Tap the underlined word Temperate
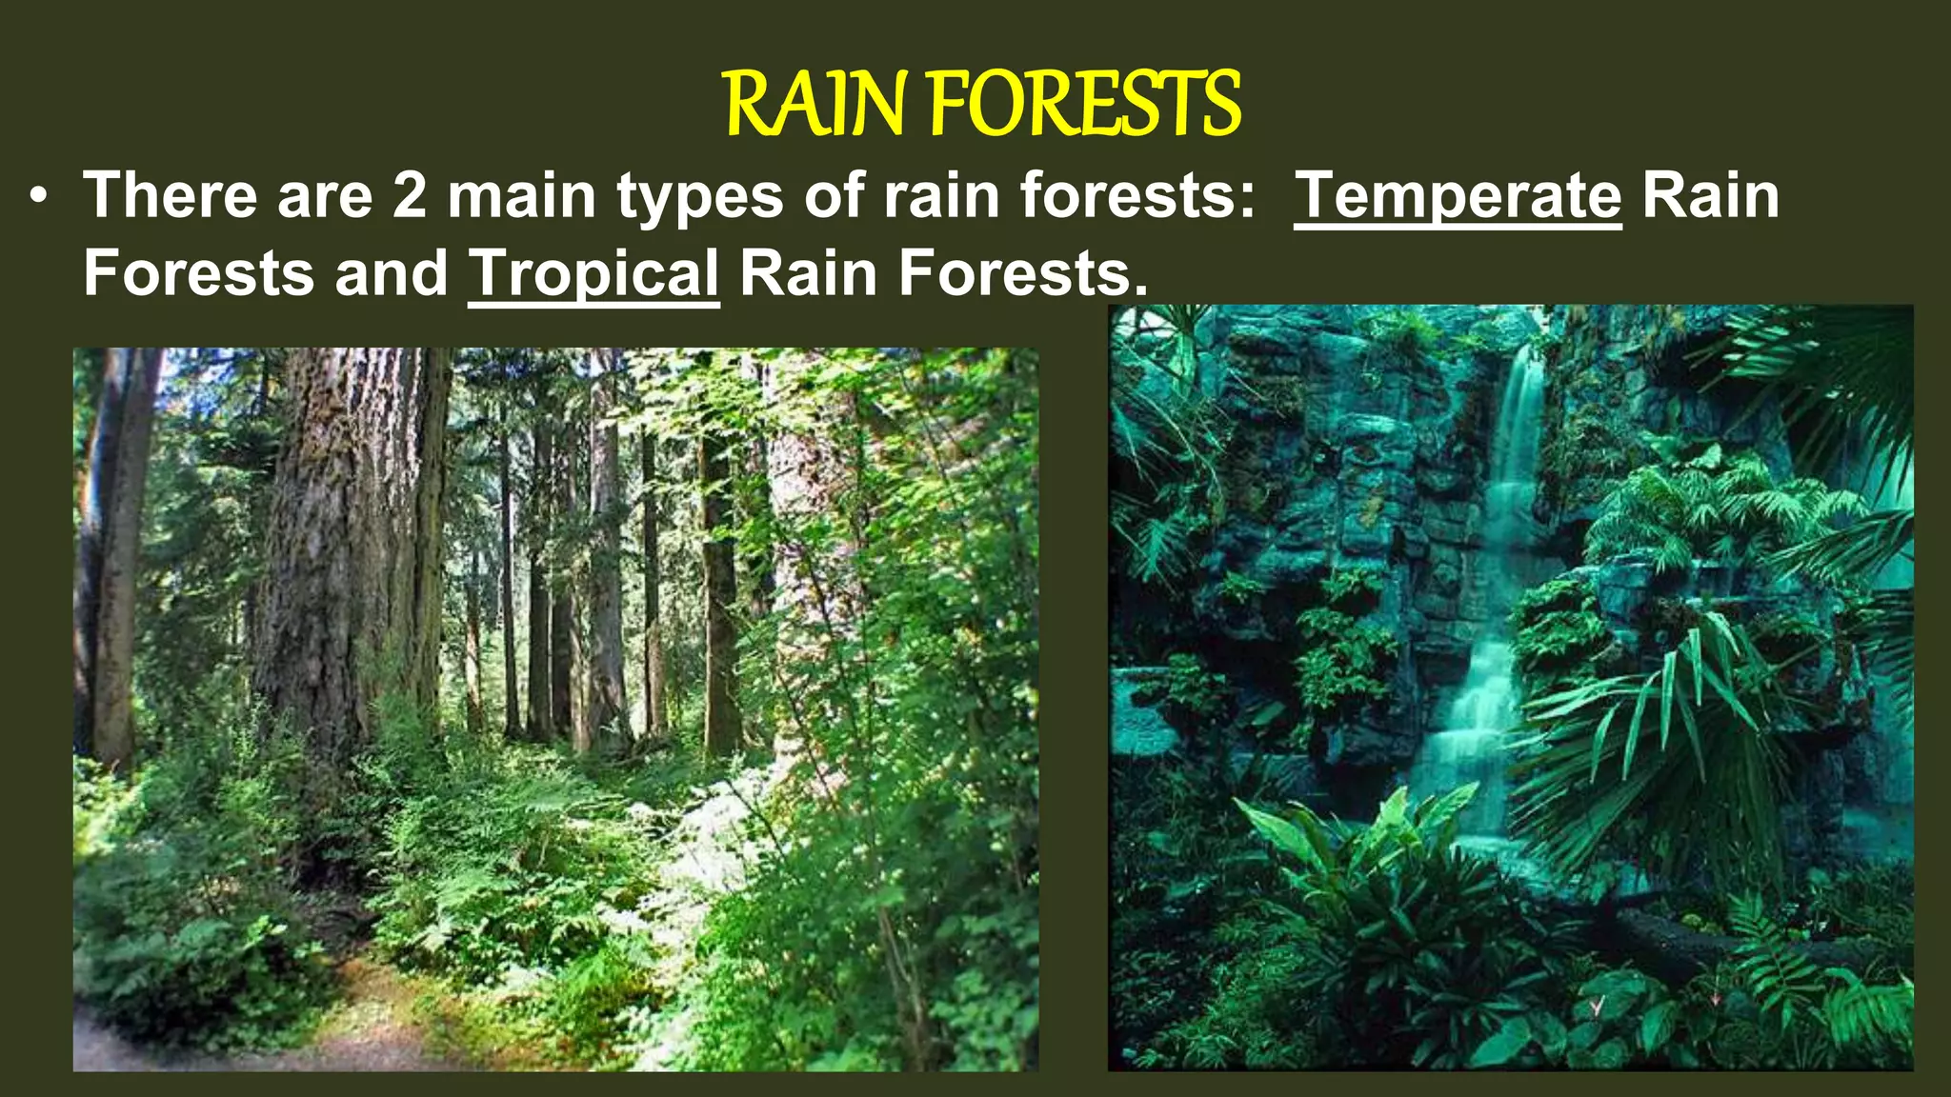(x=1457, y=196)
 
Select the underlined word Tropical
(x=593, y=274)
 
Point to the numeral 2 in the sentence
(x=410, y=196)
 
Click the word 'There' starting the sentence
(x=171, y=196)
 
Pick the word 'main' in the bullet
(x=521, y=196)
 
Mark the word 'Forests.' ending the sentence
(x=1023, y=274)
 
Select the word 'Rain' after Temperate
(x=1710, y=196)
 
